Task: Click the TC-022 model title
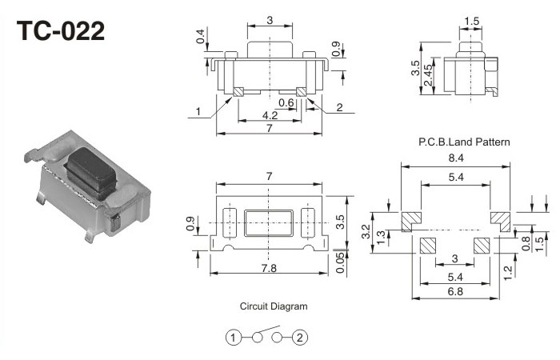(x=61, y=31)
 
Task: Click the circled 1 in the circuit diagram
(x=232, y=338)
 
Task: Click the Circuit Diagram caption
(x=274, y=306)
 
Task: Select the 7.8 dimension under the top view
(x=268, y=269)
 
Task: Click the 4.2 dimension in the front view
(x=270, y=116)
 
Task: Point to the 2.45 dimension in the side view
(x=429, y=78)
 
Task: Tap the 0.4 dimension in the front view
(x=199, y=37)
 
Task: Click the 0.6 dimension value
(x=286, y=102)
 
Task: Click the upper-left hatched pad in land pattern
(x=410, y=218)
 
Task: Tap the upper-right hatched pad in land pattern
(x=500, y=218)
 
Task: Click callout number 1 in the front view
(x=196, y=112)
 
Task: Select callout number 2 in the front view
(x=339, y=108)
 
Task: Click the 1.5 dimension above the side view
(x=472, y=20)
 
